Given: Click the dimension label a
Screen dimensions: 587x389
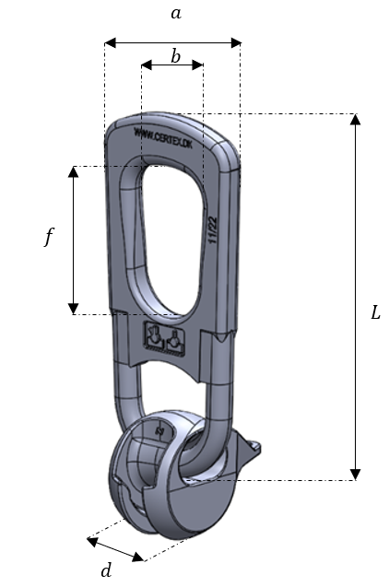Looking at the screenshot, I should [x=175, y=14].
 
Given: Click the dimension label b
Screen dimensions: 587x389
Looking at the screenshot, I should [x=175, y=57].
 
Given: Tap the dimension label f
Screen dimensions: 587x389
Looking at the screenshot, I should [x=49, y=238].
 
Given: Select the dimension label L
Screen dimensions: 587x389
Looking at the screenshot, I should [x=375, y=313].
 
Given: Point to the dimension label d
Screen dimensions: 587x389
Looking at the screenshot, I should [x=106, y=570].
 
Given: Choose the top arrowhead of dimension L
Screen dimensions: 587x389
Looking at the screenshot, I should [x=356, y=119].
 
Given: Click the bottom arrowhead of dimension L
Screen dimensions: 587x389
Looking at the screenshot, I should [x=356, y=475].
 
